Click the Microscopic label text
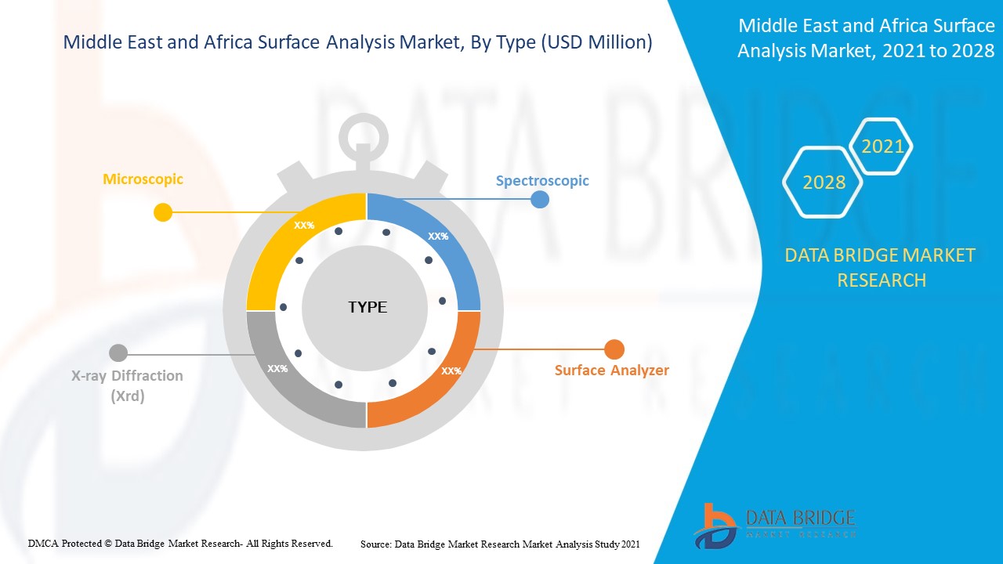(x=143, y=179)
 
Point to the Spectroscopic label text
(x=542, y=181)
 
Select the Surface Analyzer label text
(x=612, y=370)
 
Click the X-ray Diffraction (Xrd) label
(x=127, y=385)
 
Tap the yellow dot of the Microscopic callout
(x=163, y=212)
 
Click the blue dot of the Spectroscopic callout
(x=540, y=199)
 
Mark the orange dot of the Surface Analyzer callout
(x=614, y=349)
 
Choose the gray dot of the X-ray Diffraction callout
(x=118, y=353)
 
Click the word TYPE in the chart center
(x=368, y=307)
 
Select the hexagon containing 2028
(x=824, y=182)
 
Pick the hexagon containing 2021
(x=882, y=146)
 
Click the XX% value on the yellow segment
(x=304, y=225)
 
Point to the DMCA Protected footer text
(x=180, y=543)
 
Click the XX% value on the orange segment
(x=451, y=371)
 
